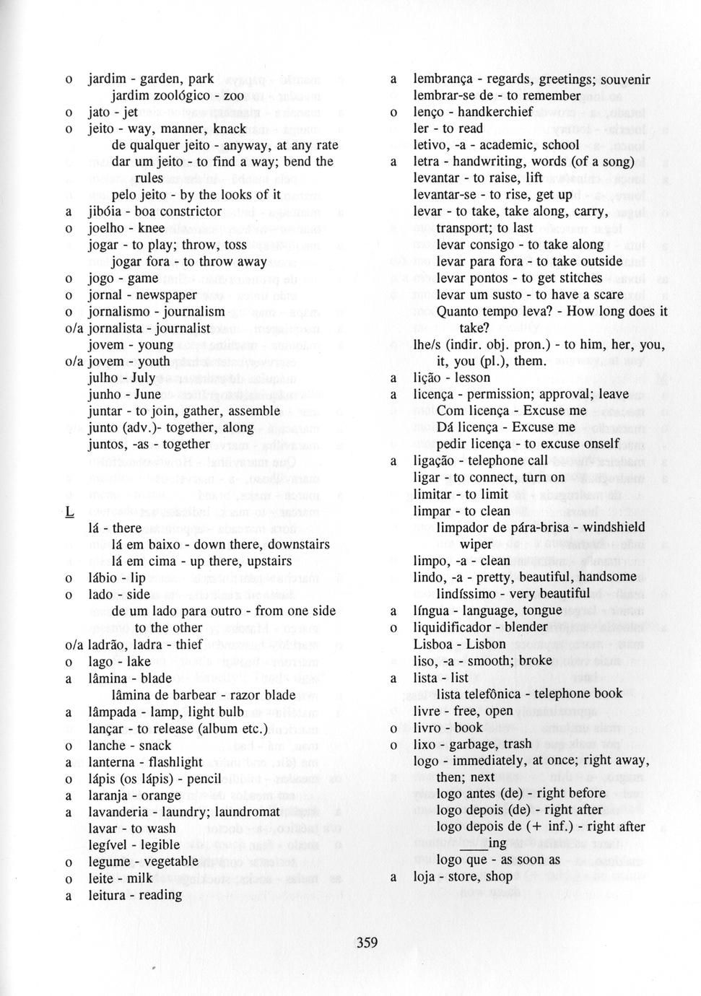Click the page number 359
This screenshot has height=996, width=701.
click(x=366, y=942)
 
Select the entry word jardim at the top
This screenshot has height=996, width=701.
click(x=107, y=79)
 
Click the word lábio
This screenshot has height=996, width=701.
click(x=104, y=578)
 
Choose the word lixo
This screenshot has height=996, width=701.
click(x=426, y=743)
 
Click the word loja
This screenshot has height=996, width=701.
click(x=424, y=877)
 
